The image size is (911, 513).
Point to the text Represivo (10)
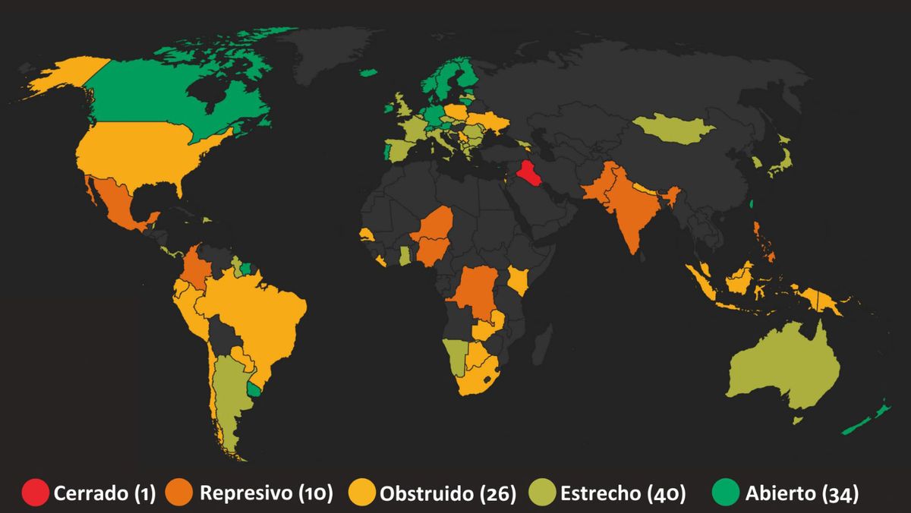point(266,493)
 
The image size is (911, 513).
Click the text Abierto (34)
point(802,493)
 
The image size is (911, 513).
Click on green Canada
point(152,95)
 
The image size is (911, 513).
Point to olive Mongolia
point(672,129)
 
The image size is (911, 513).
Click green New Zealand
point(865,422)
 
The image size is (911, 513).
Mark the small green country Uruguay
point(254,389)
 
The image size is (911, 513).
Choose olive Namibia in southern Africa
point(458,357)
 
